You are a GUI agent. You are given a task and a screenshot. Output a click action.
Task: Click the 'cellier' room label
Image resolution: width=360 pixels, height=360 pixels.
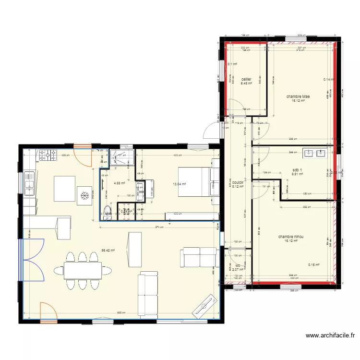coord(246,79)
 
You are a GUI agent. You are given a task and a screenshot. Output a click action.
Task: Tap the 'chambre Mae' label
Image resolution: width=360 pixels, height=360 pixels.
coord(298,96)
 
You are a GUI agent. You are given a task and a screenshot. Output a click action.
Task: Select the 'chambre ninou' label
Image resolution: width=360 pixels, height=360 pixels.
coord(290,237)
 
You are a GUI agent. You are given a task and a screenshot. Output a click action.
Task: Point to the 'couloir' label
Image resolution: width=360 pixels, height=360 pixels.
coord(238,182)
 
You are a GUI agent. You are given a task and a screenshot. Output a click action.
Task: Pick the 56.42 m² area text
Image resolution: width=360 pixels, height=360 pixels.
coord(108,250)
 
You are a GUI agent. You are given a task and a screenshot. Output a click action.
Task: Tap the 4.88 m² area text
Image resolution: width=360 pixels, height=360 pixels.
coord(119,183)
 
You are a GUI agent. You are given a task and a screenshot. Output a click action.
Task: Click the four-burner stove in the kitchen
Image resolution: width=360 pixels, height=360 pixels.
coord(48,155)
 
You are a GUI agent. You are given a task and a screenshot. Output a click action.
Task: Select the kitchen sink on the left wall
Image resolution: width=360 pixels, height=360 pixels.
coord(28,182)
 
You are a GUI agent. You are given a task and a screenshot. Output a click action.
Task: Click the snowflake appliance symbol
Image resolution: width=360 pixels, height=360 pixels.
coord(84,195)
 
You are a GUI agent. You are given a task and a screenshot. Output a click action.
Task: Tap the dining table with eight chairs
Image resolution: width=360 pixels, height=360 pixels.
coord(83,271)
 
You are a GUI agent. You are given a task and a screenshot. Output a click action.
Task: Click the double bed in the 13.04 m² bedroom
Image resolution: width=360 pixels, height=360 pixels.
coord(194,181)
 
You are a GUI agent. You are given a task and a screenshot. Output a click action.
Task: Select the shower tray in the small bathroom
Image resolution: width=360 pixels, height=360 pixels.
coord(122,158)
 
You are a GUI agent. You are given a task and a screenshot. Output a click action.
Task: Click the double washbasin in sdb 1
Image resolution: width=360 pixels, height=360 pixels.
coord(314,154)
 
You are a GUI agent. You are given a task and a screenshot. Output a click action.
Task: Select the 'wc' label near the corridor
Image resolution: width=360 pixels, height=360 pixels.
coord(238,265)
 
